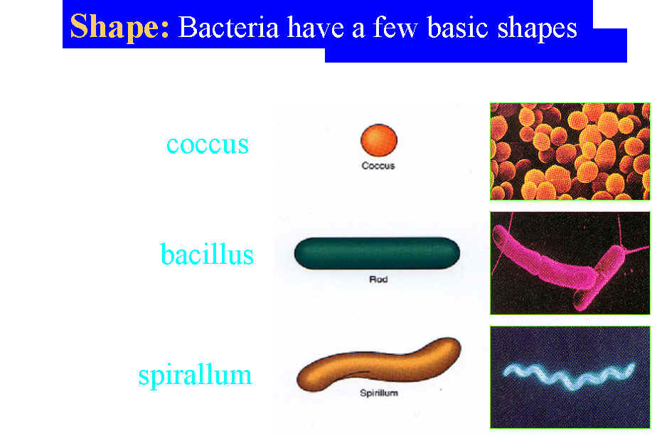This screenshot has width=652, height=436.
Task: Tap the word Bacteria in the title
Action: [228, 28]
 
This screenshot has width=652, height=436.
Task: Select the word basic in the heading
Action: [457, 28]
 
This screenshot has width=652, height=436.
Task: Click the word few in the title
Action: [395, 28]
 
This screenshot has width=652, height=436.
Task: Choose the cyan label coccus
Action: [208, 145]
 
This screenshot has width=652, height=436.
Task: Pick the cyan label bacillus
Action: [207, 253]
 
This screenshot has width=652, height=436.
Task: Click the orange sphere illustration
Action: [379, 140]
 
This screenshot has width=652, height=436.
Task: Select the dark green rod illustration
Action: [377, 253]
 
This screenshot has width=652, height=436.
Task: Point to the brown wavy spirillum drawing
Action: [378, 366]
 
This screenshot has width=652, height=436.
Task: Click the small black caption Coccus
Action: [378, 166]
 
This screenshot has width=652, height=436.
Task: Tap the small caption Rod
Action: [378, 279]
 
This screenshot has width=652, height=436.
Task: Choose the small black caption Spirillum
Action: [379, 393]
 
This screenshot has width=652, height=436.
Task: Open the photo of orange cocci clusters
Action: [570, 151]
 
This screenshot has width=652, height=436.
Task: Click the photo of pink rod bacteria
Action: [570, 263]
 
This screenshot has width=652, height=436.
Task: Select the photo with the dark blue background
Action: [570, 377]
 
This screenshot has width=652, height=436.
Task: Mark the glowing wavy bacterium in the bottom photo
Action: [569, 376]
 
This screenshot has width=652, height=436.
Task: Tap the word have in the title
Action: [316, 28]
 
